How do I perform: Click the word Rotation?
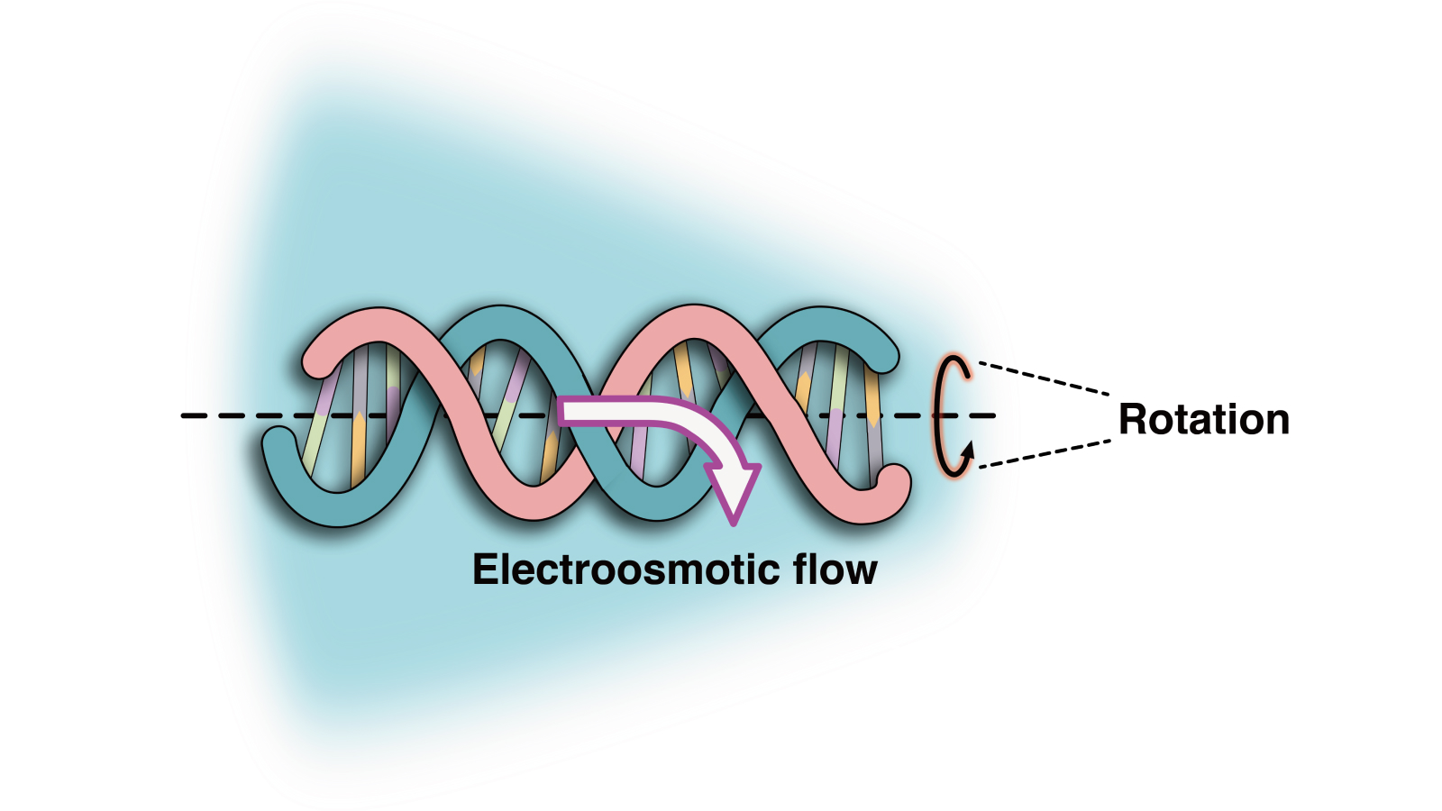tap(1203, 420)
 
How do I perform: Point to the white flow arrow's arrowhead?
tap(735, 491)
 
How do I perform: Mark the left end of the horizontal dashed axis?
tap(184, 415)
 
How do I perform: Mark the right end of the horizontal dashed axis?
tap(993, 415)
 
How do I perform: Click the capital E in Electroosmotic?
tap(484, 570)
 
